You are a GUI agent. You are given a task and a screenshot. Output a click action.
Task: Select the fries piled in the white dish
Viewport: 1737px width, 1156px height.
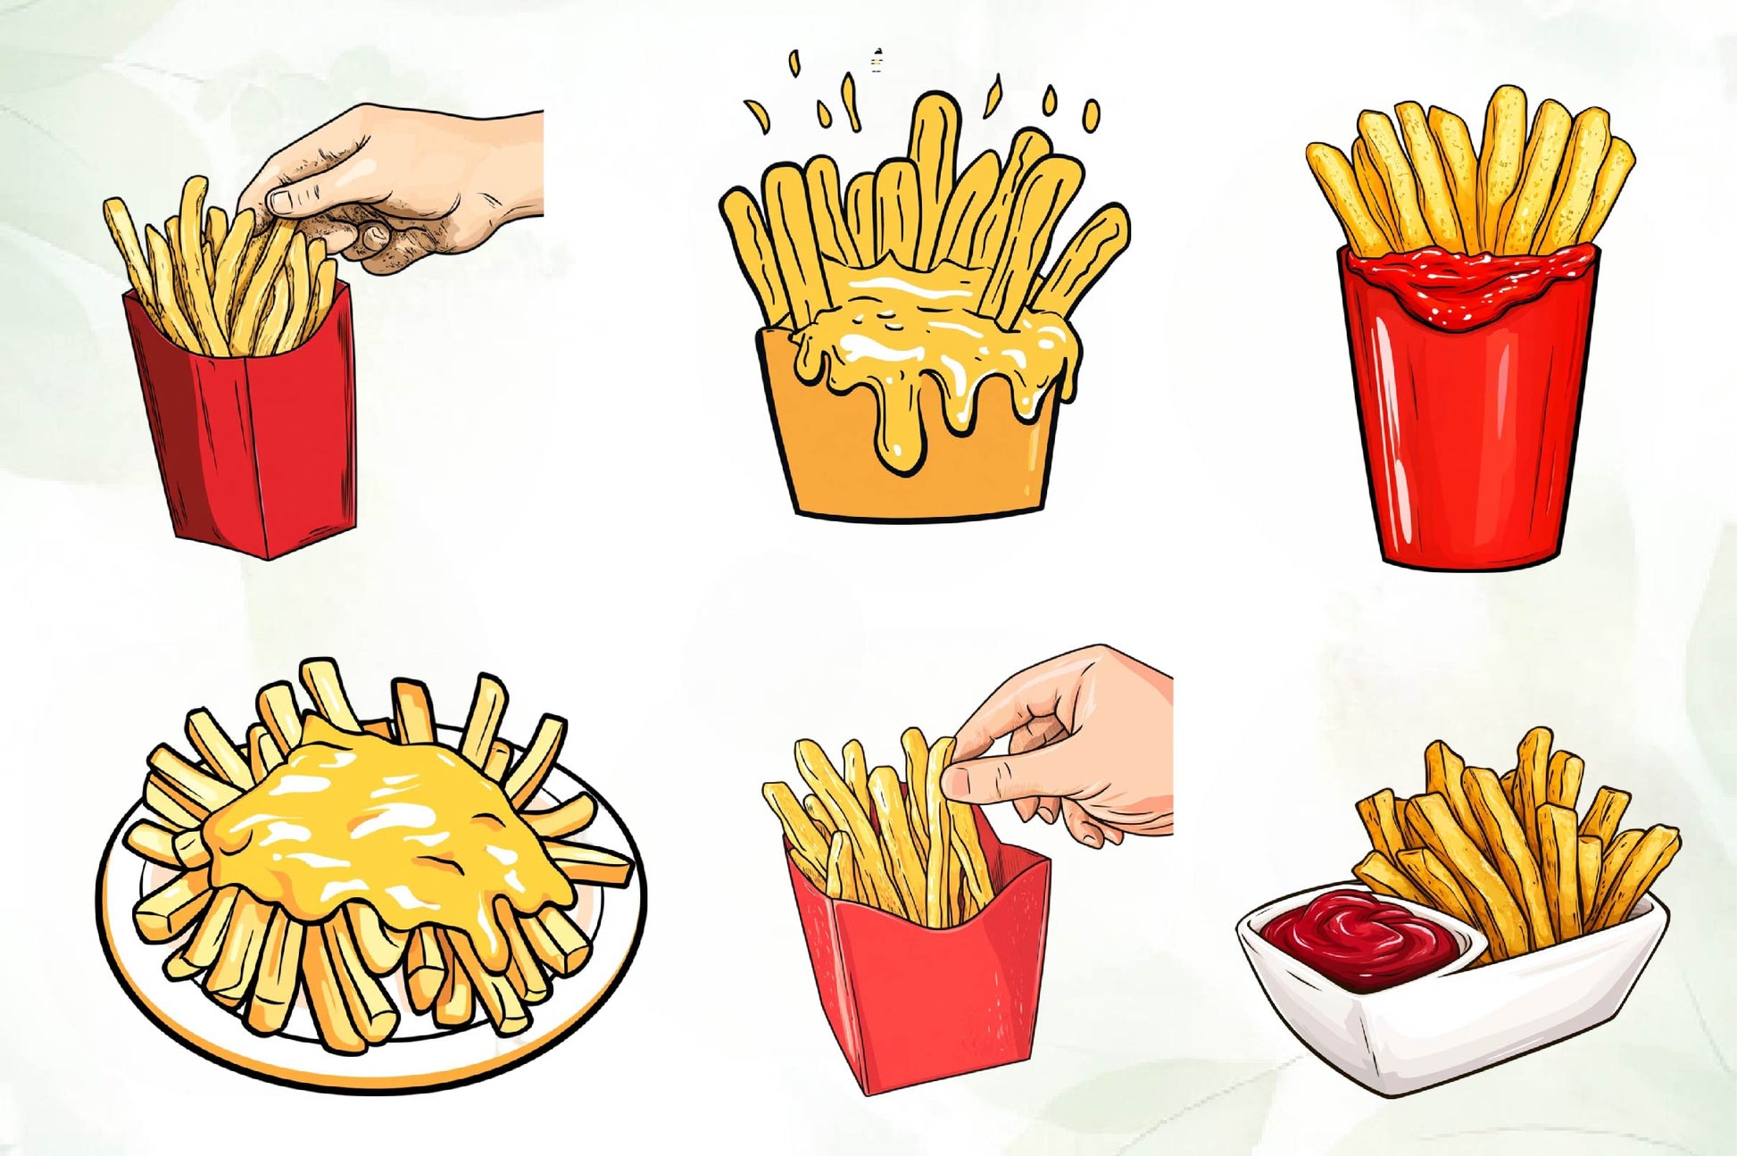[x=1517, y=848]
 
